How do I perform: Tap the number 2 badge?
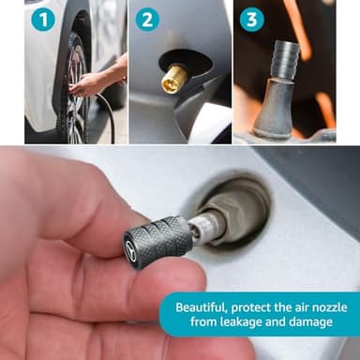pyautogui.click(x=147, y=20)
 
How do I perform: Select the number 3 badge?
pyautogui.click(x=251, y=20)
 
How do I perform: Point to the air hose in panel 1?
pyautogui.click(x=109, y=117)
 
